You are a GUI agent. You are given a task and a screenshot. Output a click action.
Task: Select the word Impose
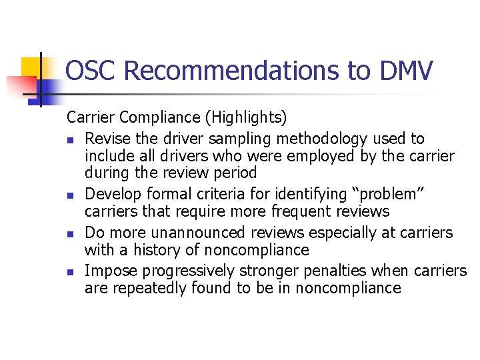(109, 271)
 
